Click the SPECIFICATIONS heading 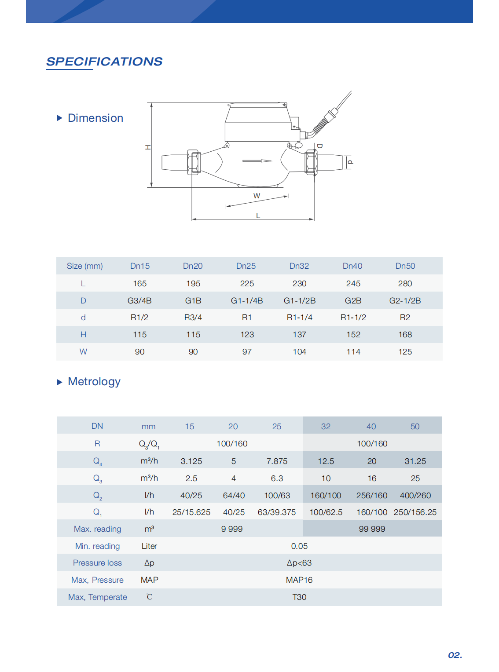pyautogui.click(x=104, y=62)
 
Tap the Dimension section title pyautogui.click(x=95, y=118)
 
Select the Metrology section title pyautogui.click(x=94, y=382)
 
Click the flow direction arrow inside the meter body pyautogui.click(x=257, y=161)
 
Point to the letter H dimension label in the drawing pyautogui.click(x=148, y=147)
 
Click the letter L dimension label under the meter pyautogui.click(x=258, y=215)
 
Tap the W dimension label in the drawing pyautogui.click(x=257, y=196)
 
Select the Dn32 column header pyautogui.click(x=299, y=266)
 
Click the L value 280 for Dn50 pyautogui.click(x=405, y=284)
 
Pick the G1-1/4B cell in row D pyautogui.click(x=247, y=301)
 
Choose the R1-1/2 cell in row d pyautogui.click(x=353, y=318)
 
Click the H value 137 pyautogui.click(x=299, y=335)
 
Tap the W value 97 pyautogui.click(x=247, y=352)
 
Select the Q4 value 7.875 pyautogui.click(x=277, y=461)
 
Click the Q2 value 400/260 pyautogui.click(x=415, y=496)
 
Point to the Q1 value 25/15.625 pyautogui.click(x=191, y=512)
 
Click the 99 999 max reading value pyautogui.click(x=372, y=529)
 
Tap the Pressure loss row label pyautogui.click(x=97, y=563)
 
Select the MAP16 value pyautogui.click(x=299, y=580)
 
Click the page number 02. pyautogui.click(x=455, y=655)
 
